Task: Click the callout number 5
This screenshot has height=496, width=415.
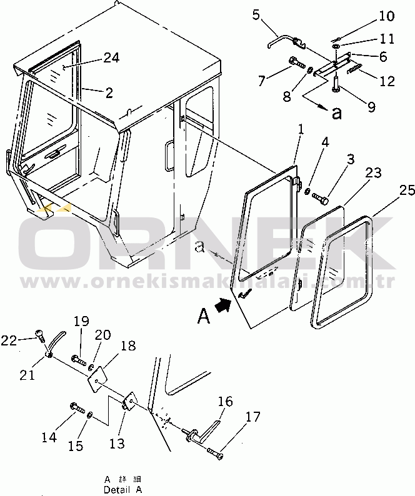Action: (257, 14)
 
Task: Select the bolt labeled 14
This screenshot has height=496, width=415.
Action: (77, 407)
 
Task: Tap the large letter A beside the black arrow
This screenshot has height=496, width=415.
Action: (203, 317)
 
